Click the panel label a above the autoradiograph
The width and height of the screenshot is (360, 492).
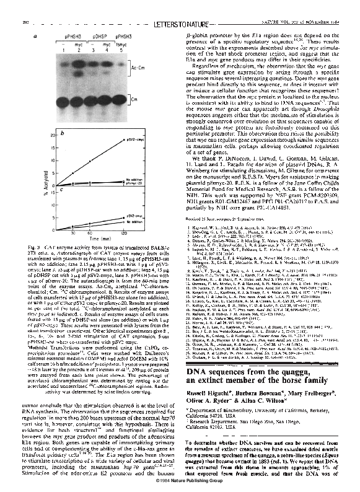pos(43,37)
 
